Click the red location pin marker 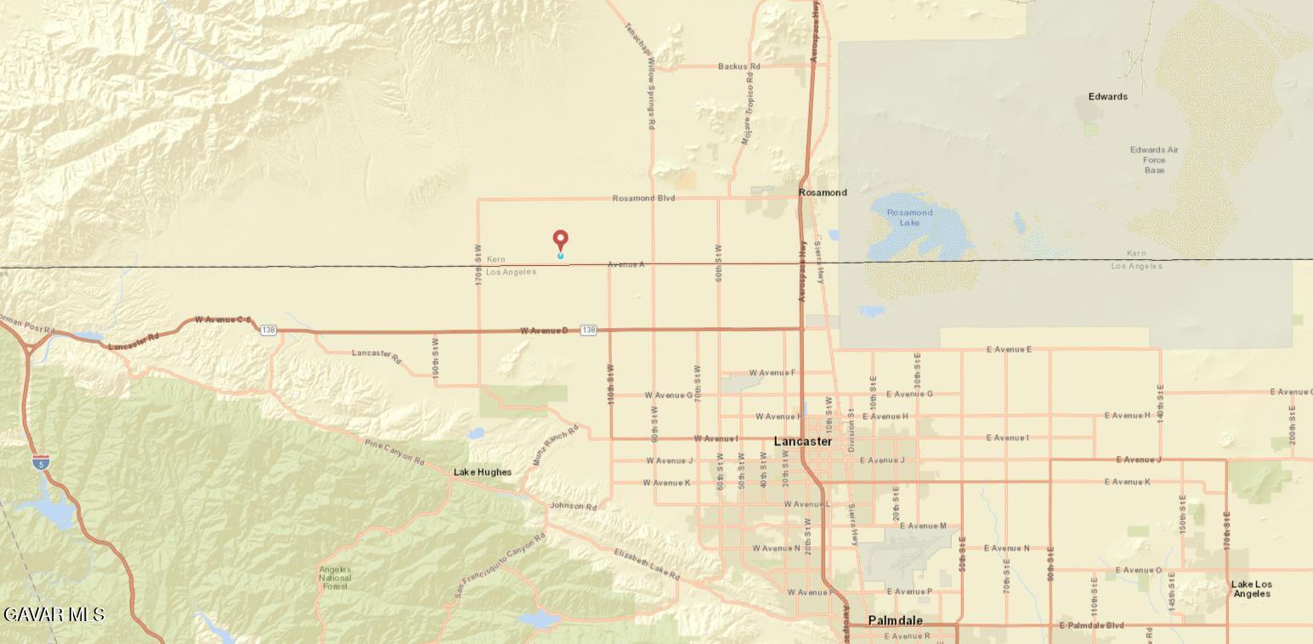[560, 241]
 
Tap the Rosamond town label [823, 193]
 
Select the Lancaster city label [802, 442]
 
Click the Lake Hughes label [483, 472]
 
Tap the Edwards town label [1107, 97]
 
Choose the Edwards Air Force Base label [1154, 160]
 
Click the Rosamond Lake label [909, 217]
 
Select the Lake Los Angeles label [1252, 589]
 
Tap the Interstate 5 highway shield [41, 463]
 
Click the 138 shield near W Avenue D [588, 330]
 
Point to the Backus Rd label [739, 66]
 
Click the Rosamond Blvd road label [643, 198]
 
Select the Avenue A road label [625, 265]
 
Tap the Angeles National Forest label [336, 578]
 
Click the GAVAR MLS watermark [54, 614]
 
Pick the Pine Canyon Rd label [394, 452]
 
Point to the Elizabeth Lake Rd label [647, 565]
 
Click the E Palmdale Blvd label [1091, 626]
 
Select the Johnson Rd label [574, 506]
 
